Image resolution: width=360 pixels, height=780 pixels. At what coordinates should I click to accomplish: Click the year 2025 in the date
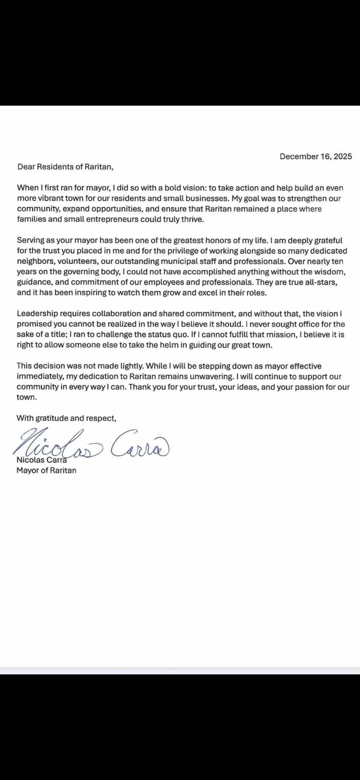click(343, 157)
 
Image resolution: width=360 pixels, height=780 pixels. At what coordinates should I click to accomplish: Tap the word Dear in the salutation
click(25, 167)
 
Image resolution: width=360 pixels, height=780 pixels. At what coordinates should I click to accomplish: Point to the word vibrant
click(51, 198)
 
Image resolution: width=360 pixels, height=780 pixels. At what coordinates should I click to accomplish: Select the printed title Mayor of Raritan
click(46, 470)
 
